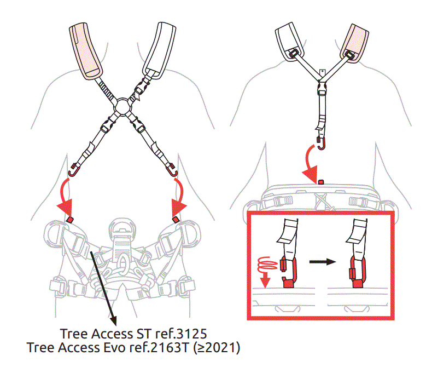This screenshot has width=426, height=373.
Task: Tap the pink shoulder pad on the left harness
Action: [85, 51]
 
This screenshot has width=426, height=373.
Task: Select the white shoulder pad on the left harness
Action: [160, 50]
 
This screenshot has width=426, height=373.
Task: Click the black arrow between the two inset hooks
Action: [323, 262]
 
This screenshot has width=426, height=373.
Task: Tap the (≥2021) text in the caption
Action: [217, 348]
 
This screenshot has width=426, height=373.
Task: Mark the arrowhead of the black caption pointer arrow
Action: [113, 320]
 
